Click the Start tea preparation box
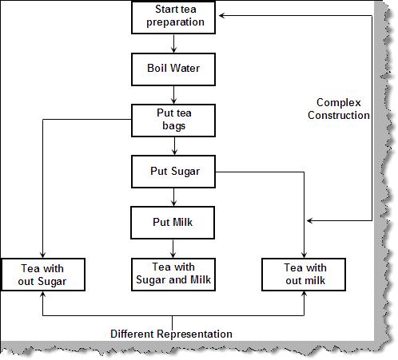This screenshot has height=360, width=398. click(174, 17)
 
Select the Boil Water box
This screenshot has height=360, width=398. click(174, 69)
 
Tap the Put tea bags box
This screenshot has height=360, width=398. click(174, 120)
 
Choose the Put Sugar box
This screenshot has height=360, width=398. click(174, 171)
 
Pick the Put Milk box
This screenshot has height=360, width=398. click(174, 222)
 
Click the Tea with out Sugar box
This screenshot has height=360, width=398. click(43, 274)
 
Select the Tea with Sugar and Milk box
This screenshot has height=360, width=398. click(174, 273)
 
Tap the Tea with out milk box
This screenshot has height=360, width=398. click(304, 274)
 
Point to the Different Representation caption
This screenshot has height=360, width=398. click(171, 334)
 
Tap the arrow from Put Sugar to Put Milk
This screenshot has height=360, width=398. click(174, 197)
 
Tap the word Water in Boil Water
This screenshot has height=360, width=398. click(185, 69)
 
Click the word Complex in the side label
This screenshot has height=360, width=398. click(339, 103)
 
